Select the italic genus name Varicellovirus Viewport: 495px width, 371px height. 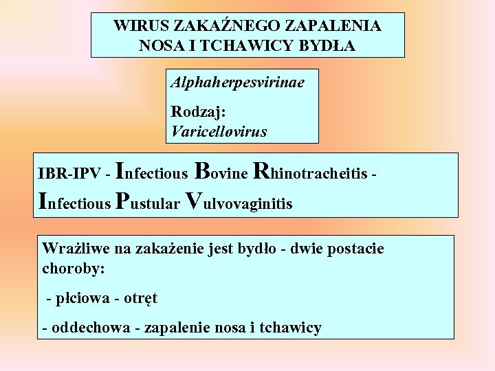(219, 130)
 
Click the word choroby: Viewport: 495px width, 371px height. (74, 268)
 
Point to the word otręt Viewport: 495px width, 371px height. (140, 299)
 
